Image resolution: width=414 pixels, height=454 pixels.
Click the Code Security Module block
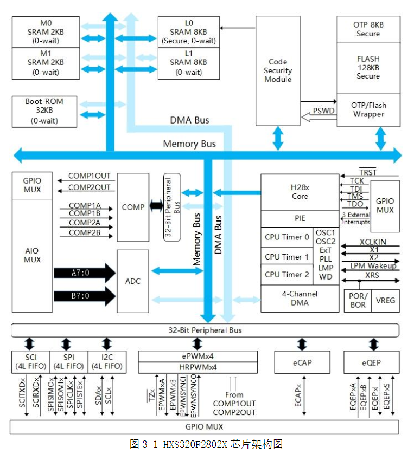(278, 70)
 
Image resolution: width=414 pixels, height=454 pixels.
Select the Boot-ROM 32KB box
(44, 112)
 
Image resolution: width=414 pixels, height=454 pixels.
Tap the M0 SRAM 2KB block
(46, 32)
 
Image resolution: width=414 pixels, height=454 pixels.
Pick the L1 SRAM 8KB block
(188, 63)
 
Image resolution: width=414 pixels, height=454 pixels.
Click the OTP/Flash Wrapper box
(368, 110)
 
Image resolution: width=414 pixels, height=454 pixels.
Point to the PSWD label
(323, 111)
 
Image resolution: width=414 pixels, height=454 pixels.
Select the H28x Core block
(300, 192)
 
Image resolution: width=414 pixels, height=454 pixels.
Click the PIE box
(300, 219)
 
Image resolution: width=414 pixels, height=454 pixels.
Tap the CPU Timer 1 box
(286, 257)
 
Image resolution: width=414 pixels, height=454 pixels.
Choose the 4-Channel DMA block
(300, 299)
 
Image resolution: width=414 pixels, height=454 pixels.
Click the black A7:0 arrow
(85, 273)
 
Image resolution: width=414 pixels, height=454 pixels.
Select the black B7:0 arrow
(85, 296)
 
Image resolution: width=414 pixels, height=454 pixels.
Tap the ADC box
(133, 281)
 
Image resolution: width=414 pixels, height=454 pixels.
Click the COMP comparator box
(133, 207)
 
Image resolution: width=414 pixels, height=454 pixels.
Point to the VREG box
(385, 301)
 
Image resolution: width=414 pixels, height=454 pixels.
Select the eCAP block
(302, 362)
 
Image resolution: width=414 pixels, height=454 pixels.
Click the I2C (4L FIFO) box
(107, 362)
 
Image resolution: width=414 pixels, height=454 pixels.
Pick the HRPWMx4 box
(198, 367)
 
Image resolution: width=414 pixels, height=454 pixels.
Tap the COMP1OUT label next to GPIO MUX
(90, 176)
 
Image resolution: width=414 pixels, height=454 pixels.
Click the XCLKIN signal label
(373, 242)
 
